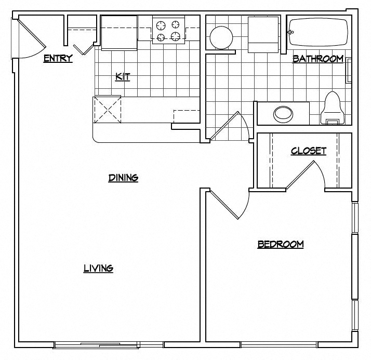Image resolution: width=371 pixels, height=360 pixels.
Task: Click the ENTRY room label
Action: tap(58, 58)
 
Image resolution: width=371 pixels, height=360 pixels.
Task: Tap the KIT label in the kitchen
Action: tap(123, 77)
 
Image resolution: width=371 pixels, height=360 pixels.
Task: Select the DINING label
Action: tap(123, 178)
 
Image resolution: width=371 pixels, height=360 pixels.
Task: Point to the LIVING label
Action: tap(98, 268)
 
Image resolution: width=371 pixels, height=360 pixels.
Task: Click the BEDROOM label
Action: tap(281, 244)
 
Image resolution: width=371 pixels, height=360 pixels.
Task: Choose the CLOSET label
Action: tap(309, 151)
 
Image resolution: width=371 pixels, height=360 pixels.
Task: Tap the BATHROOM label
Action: tap(317, 59)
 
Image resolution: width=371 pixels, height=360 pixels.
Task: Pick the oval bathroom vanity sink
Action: tap(283, 114)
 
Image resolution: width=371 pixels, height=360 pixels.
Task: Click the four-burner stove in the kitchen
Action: tap(169, 30)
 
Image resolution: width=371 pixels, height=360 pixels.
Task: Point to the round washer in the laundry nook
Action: tap(221, 37)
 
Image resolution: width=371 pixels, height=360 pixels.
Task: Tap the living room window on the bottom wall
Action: tap(109, 344)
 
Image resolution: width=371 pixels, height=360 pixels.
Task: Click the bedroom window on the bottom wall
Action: tap(279, 344)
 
